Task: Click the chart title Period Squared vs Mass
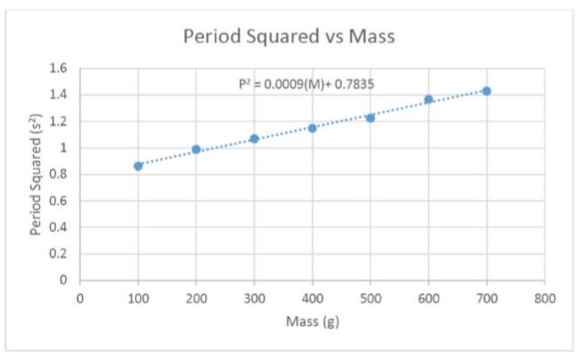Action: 289,37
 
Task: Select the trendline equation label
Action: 306,84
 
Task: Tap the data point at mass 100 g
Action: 138,166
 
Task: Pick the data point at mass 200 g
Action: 196,149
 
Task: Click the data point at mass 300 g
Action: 255,138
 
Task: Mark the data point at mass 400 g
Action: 312,128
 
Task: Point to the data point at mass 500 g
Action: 370,118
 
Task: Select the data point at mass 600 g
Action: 428,99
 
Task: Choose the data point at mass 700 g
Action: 486,91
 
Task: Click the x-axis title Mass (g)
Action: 313,322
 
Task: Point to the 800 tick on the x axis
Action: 544,298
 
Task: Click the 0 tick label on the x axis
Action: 80,298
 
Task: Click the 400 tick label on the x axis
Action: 312,298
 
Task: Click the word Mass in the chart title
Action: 372,37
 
